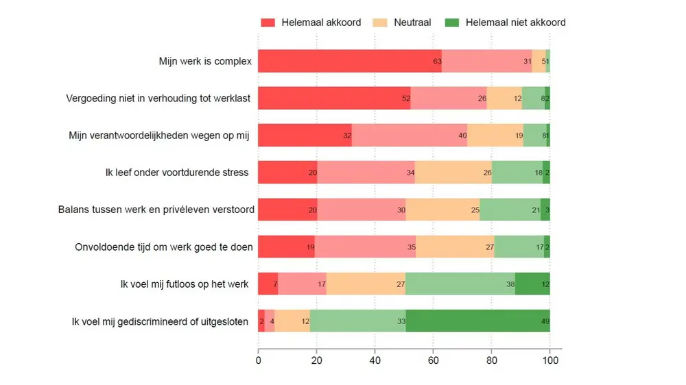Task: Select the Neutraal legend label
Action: pos(412,23)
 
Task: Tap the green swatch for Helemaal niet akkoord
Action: pos(453,23)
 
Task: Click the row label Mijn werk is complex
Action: pos(205,62)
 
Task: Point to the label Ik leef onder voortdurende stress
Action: pos(172,172)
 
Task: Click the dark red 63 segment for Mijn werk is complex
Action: pos(349,61)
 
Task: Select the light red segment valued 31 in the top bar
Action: pos(486,61)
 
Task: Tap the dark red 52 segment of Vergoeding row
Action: pos(334,98)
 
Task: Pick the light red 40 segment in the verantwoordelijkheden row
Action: pos(410,135)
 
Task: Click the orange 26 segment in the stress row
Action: pos(453,172)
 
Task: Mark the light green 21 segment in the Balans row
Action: pos(510,209)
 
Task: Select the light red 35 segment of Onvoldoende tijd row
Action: pos(365,246)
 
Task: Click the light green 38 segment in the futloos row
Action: pos(460,284)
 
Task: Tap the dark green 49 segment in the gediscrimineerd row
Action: pos(477,321)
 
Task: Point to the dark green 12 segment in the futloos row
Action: pos(532,284)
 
